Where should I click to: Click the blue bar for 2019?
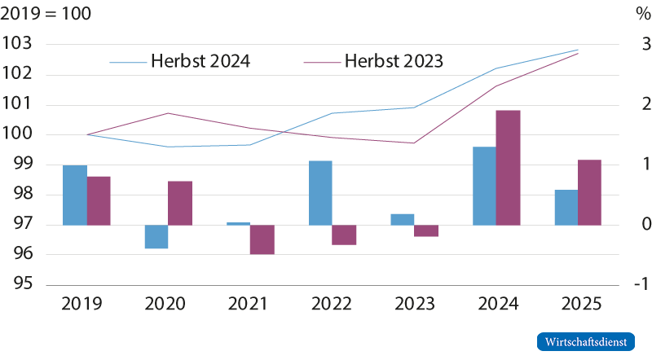coord(75,195)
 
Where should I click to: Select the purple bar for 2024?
coord(508,167)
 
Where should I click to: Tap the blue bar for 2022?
coord(320,192)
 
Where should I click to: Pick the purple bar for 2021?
coord(262,239)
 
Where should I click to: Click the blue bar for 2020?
coord(156,237)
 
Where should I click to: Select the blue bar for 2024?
coord(483,186)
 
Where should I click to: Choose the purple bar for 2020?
coord(180,203)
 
